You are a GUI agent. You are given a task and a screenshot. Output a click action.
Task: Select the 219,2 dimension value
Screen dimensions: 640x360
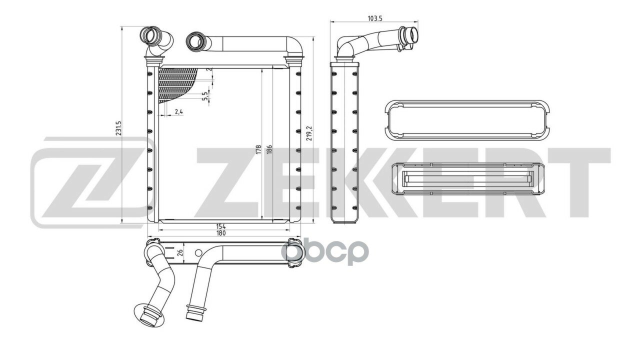[308, 133]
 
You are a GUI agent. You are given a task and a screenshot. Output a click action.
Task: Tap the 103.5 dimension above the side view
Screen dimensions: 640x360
[374, 19]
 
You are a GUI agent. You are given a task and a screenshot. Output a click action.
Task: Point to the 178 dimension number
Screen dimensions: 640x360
[258, 149]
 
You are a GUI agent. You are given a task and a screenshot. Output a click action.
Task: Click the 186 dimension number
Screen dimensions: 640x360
[269, 149]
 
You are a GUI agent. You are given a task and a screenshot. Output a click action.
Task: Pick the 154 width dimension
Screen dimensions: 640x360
[221, 226]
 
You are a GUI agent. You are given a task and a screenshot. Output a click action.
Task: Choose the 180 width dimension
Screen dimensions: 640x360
[221, 233]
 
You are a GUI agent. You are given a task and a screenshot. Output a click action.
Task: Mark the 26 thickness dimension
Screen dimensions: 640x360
[180, 252]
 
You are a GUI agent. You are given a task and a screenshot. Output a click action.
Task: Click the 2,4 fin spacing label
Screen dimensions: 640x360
[178, 111]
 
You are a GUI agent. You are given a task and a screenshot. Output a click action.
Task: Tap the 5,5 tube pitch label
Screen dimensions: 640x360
[204, 96]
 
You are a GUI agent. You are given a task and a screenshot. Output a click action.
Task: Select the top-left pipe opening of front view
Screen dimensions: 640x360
[148, 35]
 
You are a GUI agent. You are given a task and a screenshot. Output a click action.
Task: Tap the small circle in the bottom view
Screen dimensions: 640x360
[198, 253]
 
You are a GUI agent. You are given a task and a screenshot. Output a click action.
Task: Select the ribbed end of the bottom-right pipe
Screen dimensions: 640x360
[195, 312]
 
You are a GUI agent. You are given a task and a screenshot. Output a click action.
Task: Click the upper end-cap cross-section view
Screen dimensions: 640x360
[467, 120]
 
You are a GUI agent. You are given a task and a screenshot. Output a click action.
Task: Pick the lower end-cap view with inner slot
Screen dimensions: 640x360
[467, 179]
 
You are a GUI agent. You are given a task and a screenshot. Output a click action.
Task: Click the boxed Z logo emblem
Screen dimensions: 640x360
[93, 183]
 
